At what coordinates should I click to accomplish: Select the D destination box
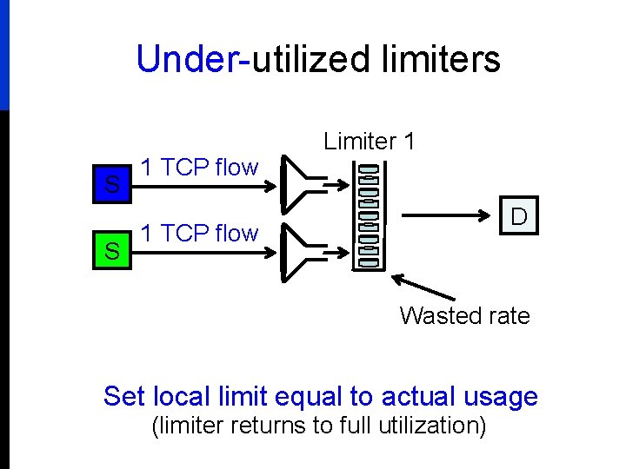(x=519, y=216)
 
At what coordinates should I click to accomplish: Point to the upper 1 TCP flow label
(x=199, y=167)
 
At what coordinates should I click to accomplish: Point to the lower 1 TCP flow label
(x=199, y=233)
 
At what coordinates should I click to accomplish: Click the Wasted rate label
(x=464, y=316)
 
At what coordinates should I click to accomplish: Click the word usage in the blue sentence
(x=499, y=397)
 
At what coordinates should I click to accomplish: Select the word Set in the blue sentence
(x=124, y=397)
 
